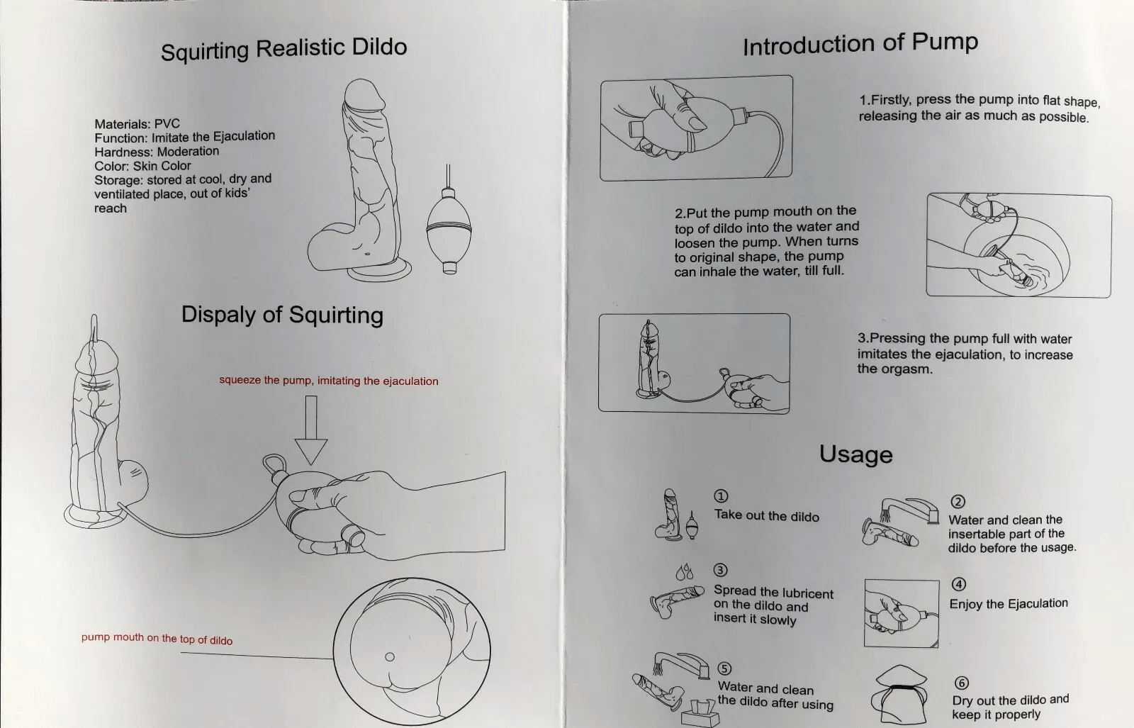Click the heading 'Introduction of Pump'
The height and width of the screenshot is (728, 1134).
click(860, 44)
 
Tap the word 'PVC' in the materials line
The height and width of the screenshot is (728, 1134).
click(167, 123)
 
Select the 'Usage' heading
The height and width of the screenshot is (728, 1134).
click(855, 454)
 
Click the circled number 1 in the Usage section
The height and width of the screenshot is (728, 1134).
click(721, 496)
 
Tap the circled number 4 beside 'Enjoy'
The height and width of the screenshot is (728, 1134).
click(958, 584)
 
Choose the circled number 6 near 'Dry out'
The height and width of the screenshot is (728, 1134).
click(961, 683)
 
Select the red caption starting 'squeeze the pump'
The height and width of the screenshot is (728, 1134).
click(328, 381)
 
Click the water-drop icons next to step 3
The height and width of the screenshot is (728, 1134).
click(684, 571)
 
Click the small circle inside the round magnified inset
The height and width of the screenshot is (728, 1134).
click(389, 656)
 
